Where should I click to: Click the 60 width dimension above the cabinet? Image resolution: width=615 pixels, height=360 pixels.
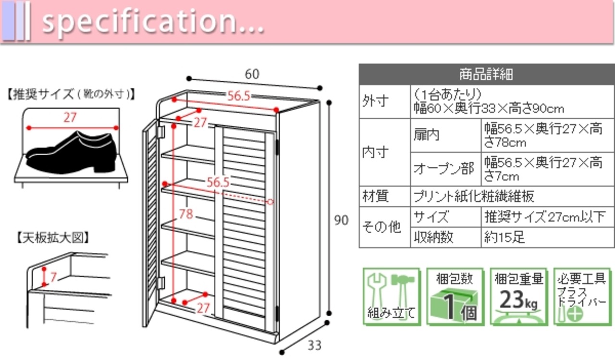pos(252,74)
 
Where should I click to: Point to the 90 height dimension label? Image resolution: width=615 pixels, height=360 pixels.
pos(341,221)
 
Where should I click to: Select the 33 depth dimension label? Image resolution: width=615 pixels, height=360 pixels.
pos(314,345)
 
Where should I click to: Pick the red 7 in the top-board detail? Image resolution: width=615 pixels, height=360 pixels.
pos(53,277)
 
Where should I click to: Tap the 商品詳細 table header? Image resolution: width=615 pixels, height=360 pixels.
pos(486,74)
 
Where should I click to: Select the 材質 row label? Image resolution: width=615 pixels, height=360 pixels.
pos(375,196)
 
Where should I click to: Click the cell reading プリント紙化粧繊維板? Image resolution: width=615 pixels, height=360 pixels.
pos(474,196)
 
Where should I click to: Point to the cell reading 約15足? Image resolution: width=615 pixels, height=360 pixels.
pos(504,237)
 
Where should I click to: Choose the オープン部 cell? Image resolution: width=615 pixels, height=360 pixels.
pos(444,169)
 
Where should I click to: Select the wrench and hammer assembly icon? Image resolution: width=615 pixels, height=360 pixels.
pos(391,297)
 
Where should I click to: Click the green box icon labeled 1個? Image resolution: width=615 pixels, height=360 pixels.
pos(454,297)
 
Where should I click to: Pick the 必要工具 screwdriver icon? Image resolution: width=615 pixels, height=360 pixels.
pos(581,297)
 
